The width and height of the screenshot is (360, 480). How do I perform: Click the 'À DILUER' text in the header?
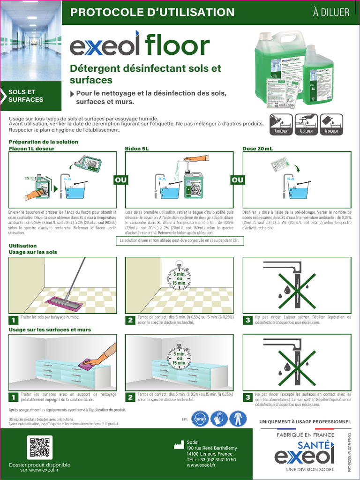coord(331,13)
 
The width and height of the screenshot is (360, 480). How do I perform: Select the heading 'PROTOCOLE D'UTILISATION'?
coord(152,13)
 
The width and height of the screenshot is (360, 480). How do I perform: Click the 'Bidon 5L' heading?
coord(137,149)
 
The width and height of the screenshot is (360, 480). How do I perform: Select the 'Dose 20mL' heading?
coord(257,149)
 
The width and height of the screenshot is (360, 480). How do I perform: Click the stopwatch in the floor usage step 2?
coord(180,277)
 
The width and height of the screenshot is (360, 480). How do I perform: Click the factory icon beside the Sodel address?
coord(177,445)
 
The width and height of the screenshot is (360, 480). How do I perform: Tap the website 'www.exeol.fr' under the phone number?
coord(201,465)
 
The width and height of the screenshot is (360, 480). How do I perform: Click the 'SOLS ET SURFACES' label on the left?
coord(26,96)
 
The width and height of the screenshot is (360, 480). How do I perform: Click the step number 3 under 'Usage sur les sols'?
coord(247,320)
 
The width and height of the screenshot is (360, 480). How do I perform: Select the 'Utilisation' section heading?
coord(23,246)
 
